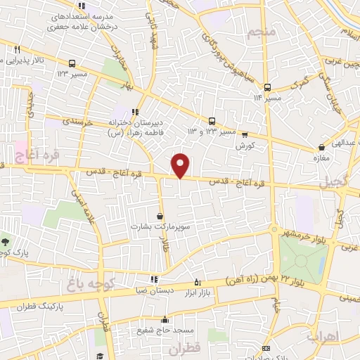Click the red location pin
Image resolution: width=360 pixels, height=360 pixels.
(x=181, y=165)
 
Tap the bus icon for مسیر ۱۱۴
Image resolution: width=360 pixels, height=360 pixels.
(x=267, y=86)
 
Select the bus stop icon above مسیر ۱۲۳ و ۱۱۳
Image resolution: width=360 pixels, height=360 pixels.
(x=212, y=120)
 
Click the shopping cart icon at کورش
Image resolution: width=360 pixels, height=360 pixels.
(x=245, y=134)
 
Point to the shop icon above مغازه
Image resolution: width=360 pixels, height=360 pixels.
(x=321, y=148)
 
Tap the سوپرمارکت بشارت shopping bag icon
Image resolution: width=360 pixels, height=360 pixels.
(x=161, y=217)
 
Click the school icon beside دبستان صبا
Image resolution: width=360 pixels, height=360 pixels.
(x=154, y=279)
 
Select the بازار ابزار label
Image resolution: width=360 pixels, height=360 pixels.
(x=210, y=292)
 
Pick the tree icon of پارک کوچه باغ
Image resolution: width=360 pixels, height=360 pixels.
(x=4, y=241)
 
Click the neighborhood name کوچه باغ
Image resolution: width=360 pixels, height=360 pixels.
(x=83, y=283)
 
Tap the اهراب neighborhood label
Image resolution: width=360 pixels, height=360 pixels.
(x=322, y=337)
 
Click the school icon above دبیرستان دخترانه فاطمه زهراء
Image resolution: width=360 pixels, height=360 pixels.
(x=134, y=111)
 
